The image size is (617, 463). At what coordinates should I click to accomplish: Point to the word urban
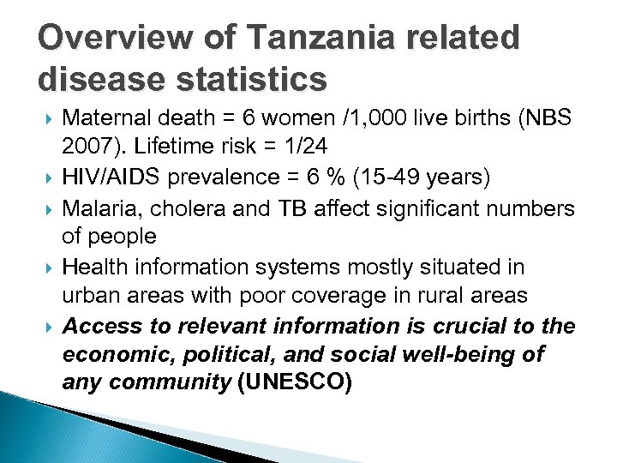[89, 297]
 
